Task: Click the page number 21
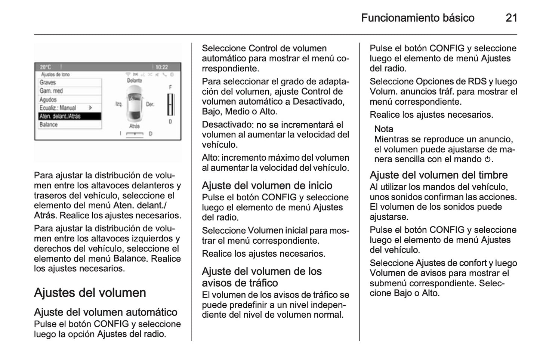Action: click(x=511, y=18)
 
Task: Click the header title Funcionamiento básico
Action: click(x=417, y=18)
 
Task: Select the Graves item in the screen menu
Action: click(x=48, y=83)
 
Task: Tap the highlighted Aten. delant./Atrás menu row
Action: click(x=60, y=116)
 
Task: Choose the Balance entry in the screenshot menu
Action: click(x=49, y=125)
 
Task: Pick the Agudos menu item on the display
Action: click(x=48, y=99)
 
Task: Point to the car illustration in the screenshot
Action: click(x=135, y=104)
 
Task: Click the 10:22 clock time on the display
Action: click(x=162, y=67)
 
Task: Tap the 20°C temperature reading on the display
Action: click(x=46, y=67)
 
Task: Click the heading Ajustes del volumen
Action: click(x=90, y=293)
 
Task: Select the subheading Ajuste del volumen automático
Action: click(x=106, y=312)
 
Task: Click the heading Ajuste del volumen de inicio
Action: click(x=267, y=185)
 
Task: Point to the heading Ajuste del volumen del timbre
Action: click(x=439, y=175)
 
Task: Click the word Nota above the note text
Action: click(x=384, y=129)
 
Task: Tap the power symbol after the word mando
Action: click(x=487, y=160)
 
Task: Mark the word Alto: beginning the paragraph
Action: click(x=210, y=158)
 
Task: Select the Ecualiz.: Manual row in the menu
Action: click(x=58, y=108)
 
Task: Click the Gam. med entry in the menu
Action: click(x=52, y=91)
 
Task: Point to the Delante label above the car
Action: click(x=135, y=81)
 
